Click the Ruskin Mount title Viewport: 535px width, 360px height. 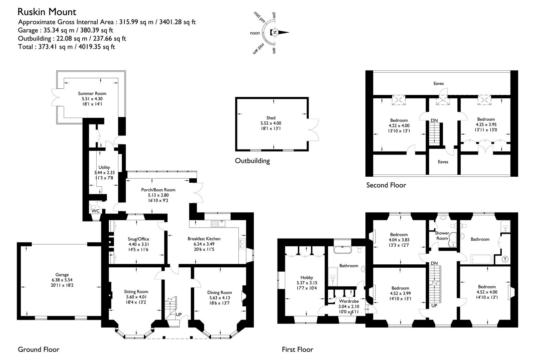pyautogui.click(x=47, y=12)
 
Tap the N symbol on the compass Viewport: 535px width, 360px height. pyautogui.click(x=275, y=32)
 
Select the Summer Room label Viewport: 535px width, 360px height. pyautogui.click(x=92, y=93)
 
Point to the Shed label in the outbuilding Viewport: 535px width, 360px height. pyautogui.click(x=271, y=118)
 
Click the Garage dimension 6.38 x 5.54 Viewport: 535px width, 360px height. pyautogui.click(x=62, y=280)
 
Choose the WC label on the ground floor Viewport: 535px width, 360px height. pyautogui.click(x=96, y=211)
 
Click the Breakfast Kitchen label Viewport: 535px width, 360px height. pyautogui.click(x=204, y=239)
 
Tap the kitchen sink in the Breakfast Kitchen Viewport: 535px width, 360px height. pyautogui.click(x=218, y=223)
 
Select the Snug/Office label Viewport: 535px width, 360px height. pyautogui.click(x=138, y=239)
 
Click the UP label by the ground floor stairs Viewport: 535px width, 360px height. pyautogui.click(x=179, y=314)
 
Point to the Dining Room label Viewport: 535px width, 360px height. pyautogui.click(x=219, y=293)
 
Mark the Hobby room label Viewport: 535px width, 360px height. pyautogui.click(x=307, y=278)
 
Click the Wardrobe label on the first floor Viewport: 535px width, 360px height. pyautogui.click(x=349, y=301)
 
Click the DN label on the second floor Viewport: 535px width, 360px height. pyautogui.click(x=434, y=120)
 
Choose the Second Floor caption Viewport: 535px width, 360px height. pyautogui.click(x=386, y=185)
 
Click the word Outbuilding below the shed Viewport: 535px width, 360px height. pyautogui.click(x=252, y=161)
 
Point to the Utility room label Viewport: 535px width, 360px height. pyautogui.click(x=104, y=167)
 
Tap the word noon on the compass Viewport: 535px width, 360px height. pyautogui.click(x=255, y=33)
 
